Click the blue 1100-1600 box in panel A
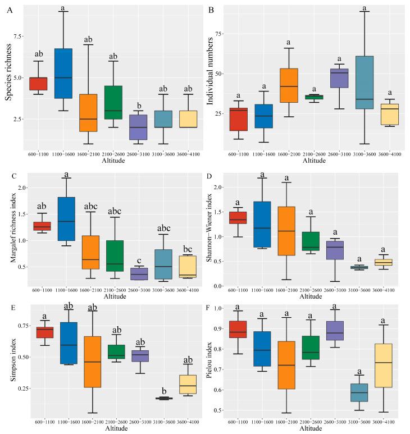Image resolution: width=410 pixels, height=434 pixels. pos(63,74)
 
